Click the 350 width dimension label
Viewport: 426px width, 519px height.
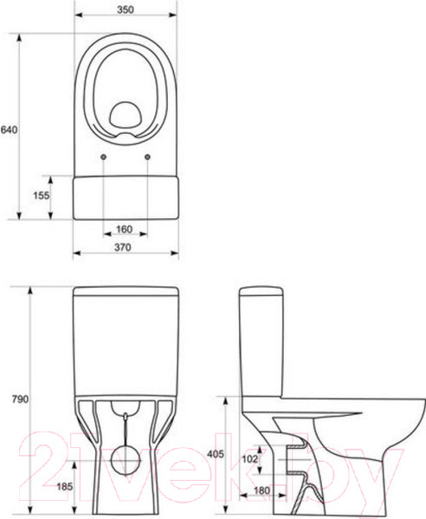click(126, 10)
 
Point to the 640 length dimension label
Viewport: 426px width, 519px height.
click(9, 130)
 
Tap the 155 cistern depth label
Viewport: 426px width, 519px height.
click(41, 195)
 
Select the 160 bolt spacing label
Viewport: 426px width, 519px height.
click(124, 229)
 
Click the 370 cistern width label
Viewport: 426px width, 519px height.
click(123, 247)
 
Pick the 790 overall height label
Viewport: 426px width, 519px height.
click(20, 399)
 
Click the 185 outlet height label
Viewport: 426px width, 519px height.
click(65, 486)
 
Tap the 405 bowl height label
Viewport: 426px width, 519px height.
click(216, 454)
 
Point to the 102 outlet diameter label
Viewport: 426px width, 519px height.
click(249, 458)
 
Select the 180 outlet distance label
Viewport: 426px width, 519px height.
click(261, 490)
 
